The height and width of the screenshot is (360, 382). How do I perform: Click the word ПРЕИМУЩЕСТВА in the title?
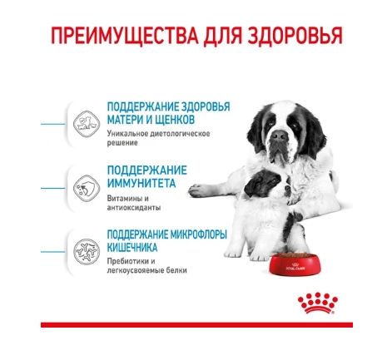coord(125,35)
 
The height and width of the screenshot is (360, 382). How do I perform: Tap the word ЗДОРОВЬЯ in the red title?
coord(294,35)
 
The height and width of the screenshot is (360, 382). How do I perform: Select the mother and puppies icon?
coord(87,124)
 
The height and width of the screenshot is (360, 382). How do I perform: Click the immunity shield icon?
coord(87,188)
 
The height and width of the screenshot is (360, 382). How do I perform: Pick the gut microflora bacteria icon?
coord(87,252)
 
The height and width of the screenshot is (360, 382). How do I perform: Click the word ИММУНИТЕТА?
coord(141,183)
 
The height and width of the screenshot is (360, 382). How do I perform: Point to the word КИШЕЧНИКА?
coord(132,247)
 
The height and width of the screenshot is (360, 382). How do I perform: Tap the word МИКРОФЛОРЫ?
coord(198,234)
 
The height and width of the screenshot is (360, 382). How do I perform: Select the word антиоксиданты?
coord(134,208)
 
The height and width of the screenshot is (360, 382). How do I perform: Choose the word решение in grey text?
coord(122,143)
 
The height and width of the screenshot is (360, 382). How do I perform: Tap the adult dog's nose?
coord(280,136)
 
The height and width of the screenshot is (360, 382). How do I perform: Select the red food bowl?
coord(295,263)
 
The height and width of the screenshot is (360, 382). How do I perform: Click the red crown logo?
coord(318,303)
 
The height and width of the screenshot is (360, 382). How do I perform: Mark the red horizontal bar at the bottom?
coord(196,324)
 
